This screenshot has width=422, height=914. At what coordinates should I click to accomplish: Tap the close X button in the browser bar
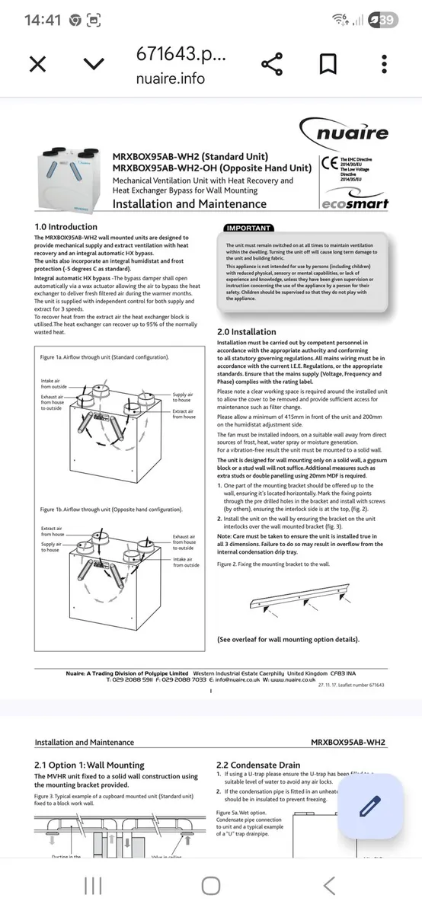pyautogui.click(x=37, y=64)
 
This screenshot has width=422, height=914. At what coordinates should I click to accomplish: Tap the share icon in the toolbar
pyautogui.click(x=271, y=64)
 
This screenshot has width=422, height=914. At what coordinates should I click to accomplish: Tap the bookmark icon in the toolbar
pyautogui.click(x=329, y=64)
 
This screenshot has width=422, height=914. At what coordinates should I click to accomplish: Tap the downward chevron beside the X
pyautogui.click(x=94, y=64)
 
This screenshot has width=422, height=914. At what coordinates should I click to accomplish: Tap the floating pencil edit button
pyautogui.click(x=369, y=806)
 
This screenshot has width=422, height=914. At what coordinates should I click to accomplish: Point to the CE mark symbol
pyautogui.click(x=330, y=162)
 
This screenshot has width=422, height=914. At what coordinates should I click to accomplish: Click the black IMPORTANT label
pyautogui.click(x=247, y=228)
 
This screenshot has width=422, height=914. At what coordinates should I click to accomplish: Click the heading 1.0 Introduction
pyautogui.click(x=66, y=227)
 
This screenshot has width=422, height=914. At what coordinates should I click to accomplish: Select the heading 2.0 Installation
pyautogui.click(x=247, y=332)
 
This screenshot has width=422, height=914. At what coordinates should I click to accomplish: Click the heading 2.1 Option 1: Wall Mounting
pyautogui.click(x=89, y=765)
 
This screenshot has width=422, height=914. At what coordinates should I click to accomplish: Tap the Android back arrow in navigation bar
pyautogui.click(x=329, y=885)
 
